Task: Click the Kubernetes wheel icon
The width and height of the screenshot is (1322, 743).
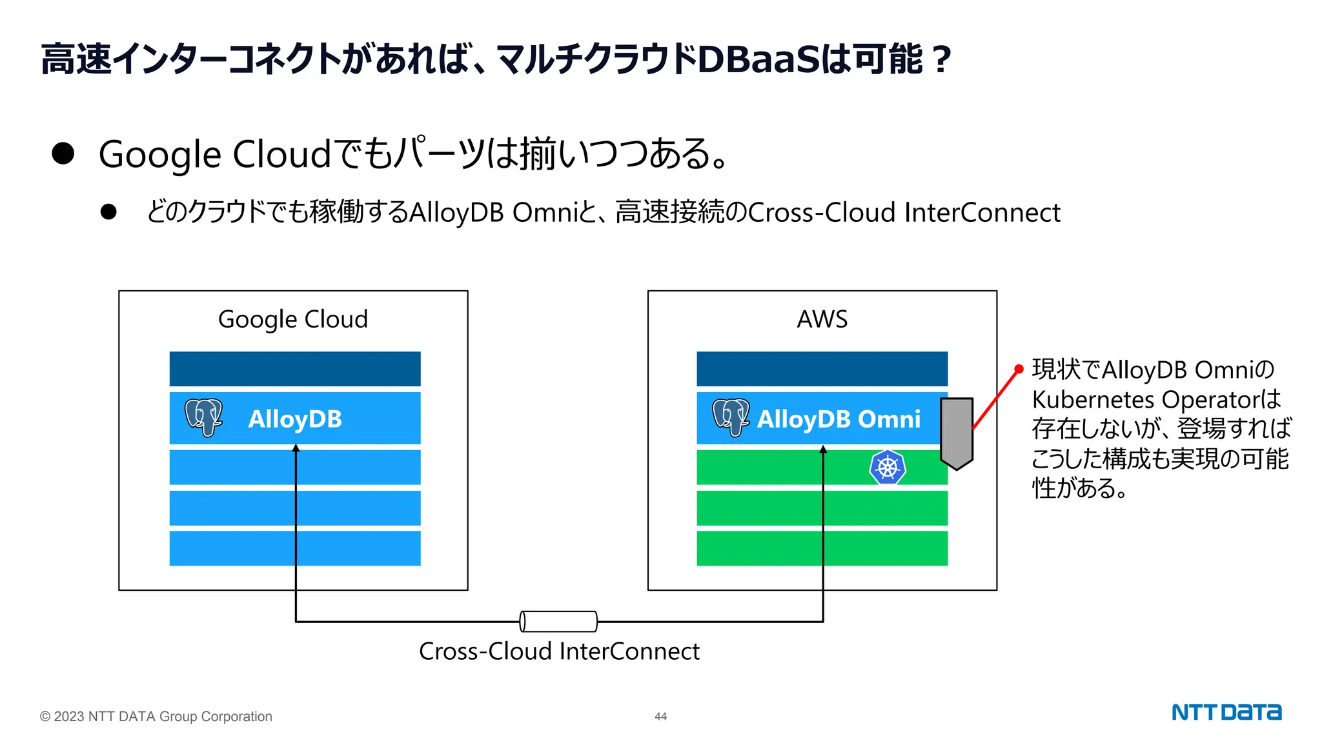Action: pos(888,468)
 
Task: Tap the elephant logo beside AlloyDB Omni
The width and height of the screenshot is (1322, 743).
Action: pos(731,417)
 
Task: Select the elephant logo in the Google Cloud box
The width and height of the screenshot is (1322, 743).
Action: pos(203,417)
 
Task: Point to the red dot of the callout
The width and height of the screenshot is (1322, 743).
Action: pos(1019,370)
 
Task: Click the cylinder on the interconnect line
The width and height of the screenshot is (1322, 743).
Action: pos(558,621)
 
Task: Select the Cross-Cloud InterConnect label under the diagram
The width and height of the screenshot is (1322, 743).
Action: pos(559,651)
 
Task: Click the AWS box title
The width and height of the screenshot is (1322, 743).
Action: pos(822,319)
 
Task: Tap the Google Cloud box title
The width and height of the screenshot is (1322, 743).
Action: pos(293,319)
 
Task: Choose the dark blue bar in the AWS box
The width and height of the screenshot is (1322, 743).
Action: pos(822,369)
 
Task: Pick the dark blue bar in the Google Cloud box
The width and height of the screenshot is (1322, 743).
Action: pos(295,369)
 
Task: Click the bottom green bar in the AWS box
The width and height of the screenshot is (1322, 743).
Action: pos(822,548)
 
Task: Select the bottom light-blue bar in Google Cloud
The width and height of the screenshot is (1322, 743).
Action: pos(295,548)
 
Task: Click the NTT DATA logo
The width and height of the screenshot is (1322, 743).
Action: pos(1226,713)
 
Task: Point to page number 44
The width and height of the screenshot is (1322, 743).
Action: pos(660,717)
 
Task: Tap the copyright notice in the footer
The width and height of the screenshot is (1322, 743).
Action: pos(156,717)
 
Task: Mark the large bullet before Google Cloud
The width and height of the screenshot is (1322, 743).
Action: pos(63,154)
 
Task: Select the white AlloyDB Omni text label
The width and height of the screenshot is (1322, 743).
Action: pos(839,419)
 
